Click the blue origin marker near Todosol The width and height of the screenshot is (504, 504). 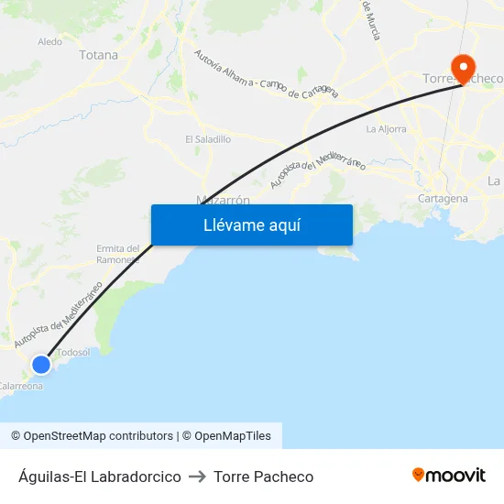pos(41,365)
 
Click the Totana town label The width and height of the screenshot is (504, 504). pos(99,55)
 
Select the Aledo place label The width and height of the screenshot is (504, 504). pos(49,41)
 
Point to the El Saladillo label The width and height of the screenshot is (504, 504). pos(208,139)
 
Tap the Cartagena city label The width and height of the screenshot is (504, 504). pos(442,198)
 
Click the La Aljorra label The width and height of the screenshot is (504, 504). pos(386,129)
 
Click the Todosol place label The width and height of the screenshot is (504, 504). pos(73,352)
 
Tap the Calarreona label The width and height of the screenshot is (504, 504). pos(21,386)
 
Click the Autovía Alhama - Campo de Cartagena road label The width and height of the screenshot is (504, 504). pos(266,73)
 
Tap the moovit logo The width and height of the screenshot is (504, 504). pos(449,476)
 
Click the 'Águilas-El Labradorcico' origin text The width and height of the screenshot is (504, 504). pos(99,477)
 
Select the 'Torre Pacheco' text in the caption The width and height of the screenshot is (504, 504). pos(263,477)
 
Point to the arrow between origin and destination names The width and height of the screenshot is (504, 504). pos(197,477)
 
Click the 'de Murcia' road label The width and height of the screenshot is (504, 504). pos(372,20)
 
